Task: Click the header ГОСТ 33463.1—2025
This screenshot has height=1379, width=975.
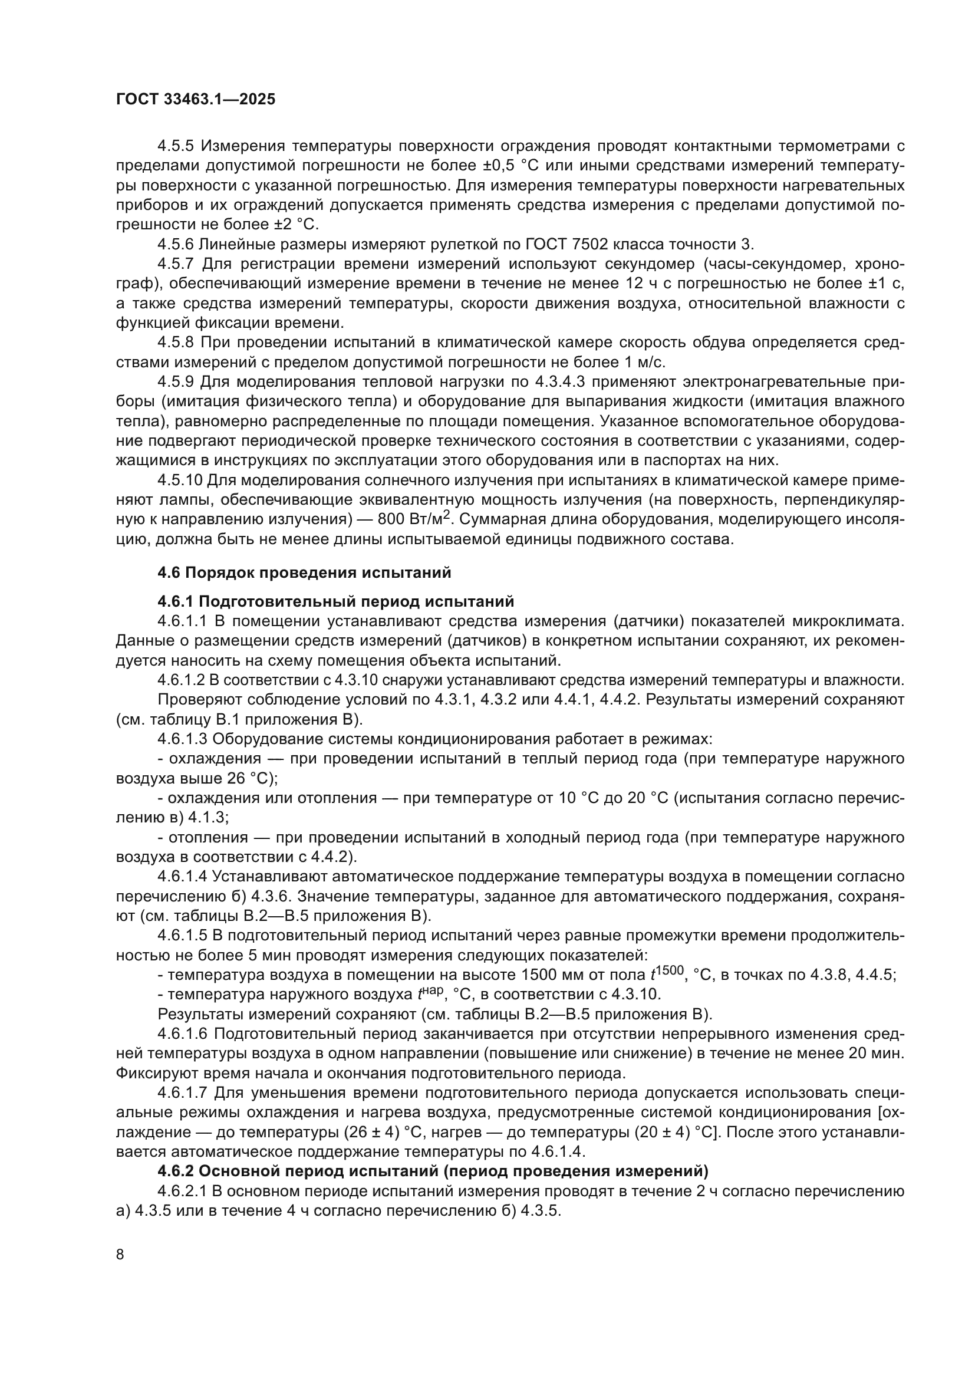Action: (195, 100)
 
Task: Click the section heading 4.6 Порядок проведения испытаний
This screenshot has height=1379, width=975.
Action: (304, 572)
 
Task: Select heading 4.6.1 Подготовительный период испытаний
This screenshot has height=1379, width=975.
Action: (335, 601)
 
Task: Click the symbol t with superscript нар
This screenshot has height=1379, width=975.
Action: (430, 995)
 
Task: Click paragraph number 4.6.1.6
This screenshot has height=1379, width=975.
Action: (182, 1034)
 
